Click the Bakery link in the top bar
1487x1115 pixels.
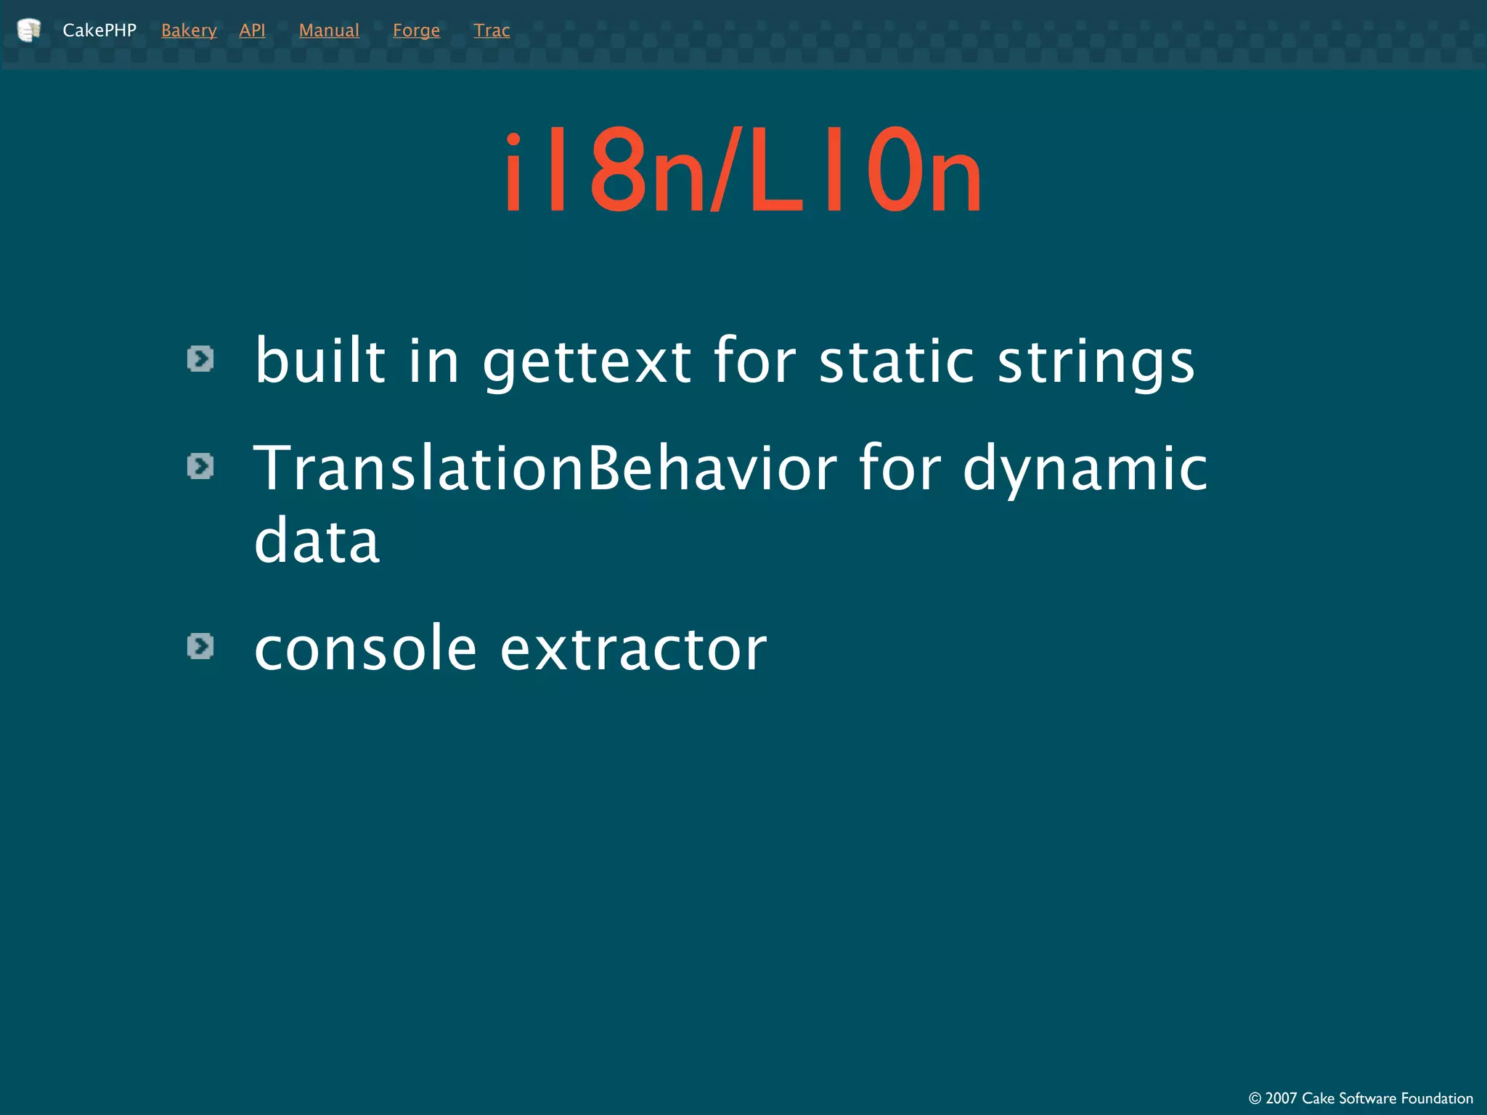click(189, 30)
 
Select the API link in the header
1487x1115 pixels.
click(252, 30)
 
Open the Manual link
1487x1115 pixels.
click(329, 30)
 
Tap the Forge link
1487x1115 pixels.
click(416, 30)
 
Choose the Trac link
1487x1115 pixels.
click(492, 30)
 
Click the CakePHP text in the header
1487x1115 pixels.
click(99, 30)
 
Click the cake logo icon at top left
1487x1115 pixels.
click(28, 30)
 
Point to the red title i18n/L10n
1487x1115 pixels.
click(743, 171)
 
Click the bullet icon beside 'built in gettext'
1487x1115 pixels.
click(200, 359)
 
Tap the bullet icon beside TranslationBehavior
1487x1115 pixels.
click(200, 466)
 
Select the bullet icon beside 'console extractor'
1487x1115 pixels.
click(200, 646)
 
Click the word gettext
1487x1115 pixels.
click(587, 362)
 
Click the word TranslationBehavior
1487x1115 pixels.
click(545, 468)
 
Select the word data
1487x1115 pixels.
click(317, 541)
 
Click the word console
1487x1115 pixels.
click(365, 648)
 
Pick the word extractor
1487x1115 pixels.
click(633, 648)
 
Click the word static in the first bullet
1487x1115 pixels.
click(896, 362)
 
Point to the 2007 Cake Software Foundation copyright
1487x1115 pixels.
click(1361, 1098)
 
